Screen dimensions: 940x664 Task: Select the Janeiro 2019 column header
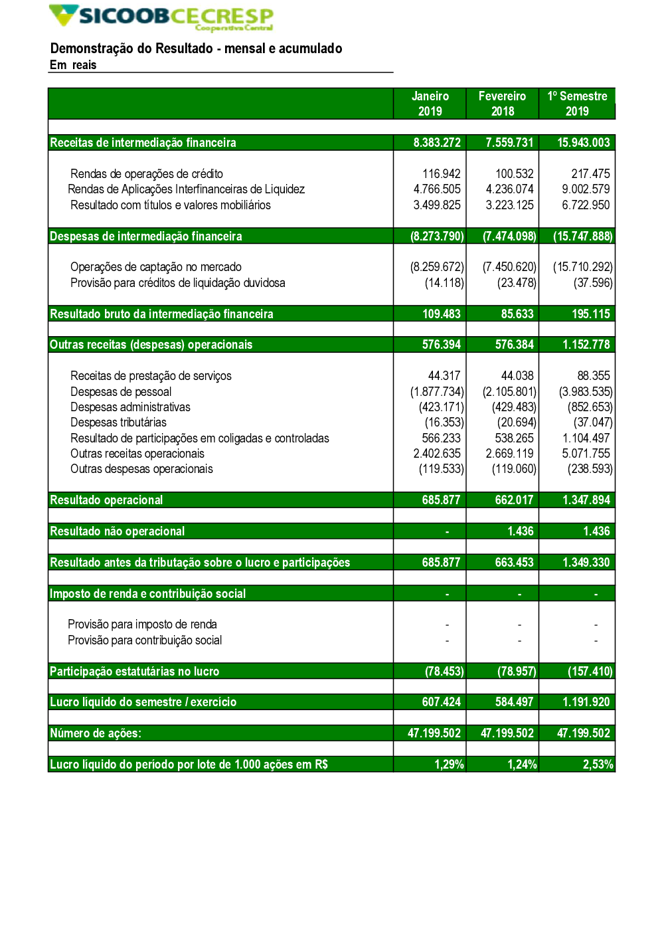[x=430, y=104]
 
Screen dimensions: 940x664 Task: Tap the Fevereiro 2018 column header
[x=502, y=104]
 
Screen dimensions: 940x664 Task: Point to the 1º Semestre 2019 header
[x=577, y=104]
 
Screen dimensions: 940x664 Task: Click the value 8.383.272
[x=437, y=143]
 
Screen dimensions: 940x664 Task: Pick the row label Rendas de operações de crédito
[x=147, y=174]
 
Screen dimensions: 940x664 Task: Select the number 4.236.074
[x=509, y=189]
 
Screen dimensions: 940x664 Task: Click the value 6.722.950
[x=586, y=205]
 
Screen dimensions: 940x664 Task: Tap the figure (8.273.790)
[x=437, y=236]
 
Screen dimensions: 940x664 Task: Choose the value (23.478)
[x=517, y=283]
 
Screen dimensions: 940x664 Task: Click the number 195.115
[x=591, y=314]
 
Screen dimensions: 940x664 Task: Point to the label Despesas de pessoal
[x=121, y=392]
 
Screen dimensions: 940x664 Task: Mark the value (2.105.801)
[x=509, y=392]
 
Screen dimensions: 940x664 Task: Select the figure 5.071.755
[x=586, y=454]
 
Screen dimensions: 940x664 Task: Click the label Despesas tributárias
[x=118, y=423]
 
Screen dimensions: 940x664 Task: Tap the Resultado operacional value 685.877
[x=441, y=500]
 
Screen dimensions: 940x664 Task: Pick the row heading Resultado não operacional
[x=118, y=531]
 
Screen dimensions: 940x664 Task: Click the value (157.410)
[x=590, y=672]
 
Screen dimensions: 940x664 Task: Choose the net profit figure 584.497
[x=514, y=702]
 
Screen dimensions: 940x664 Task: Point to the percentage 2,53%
[x=598, y=765]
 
